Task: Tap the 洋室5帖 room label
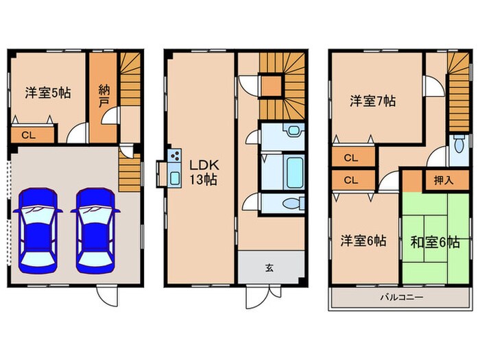point(50,92)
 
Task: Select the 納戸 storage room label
point(104,95)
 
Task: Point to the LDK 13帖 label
point(204,171)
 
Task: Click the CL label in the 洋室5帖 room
point(28,134)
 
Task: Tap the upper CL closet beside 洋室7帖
point(350,158)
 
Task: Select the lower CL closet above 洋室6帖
point(350,181)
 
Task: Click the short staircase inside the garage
point(129,171)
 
